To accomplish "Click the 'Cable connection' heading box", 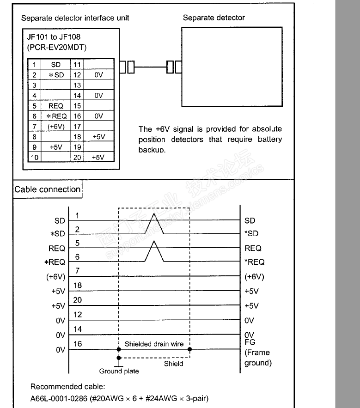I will (x=47, y=189).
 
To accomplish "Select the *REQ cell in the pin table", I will (x=55, y=116).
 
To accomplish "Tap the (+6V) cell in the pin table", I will (x=55, y=127).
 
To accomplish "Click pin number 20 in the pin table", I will (x=77, y=158).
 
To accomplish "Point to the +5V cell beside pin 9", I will (x=55, y=147).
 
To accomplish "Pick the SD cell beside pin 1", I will (x=55, y=65).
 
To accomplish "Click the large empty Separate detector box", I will (x=232, y=67).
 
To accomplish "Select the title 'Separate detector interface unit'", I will (x=75, y=18).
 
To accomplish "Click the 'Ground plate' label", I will (x=119, y=371).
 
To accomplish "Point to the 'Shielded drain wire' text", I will (x=154, y=344).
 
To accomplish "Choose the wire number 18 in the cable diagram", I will (x=78, y=286).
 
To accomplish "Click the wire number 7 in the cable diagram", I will (x=78, y=271).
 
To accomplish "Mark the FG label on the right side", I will (x=250, y=342).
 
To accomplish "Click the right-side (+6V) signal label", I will (x=254, y=277).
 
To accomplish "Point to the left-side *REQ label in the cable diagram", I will (x=55, y=262).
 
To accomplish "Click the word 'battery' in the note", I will (x=269, y=139).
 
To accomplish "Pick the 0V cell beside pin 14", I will (x=98, y=96).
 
